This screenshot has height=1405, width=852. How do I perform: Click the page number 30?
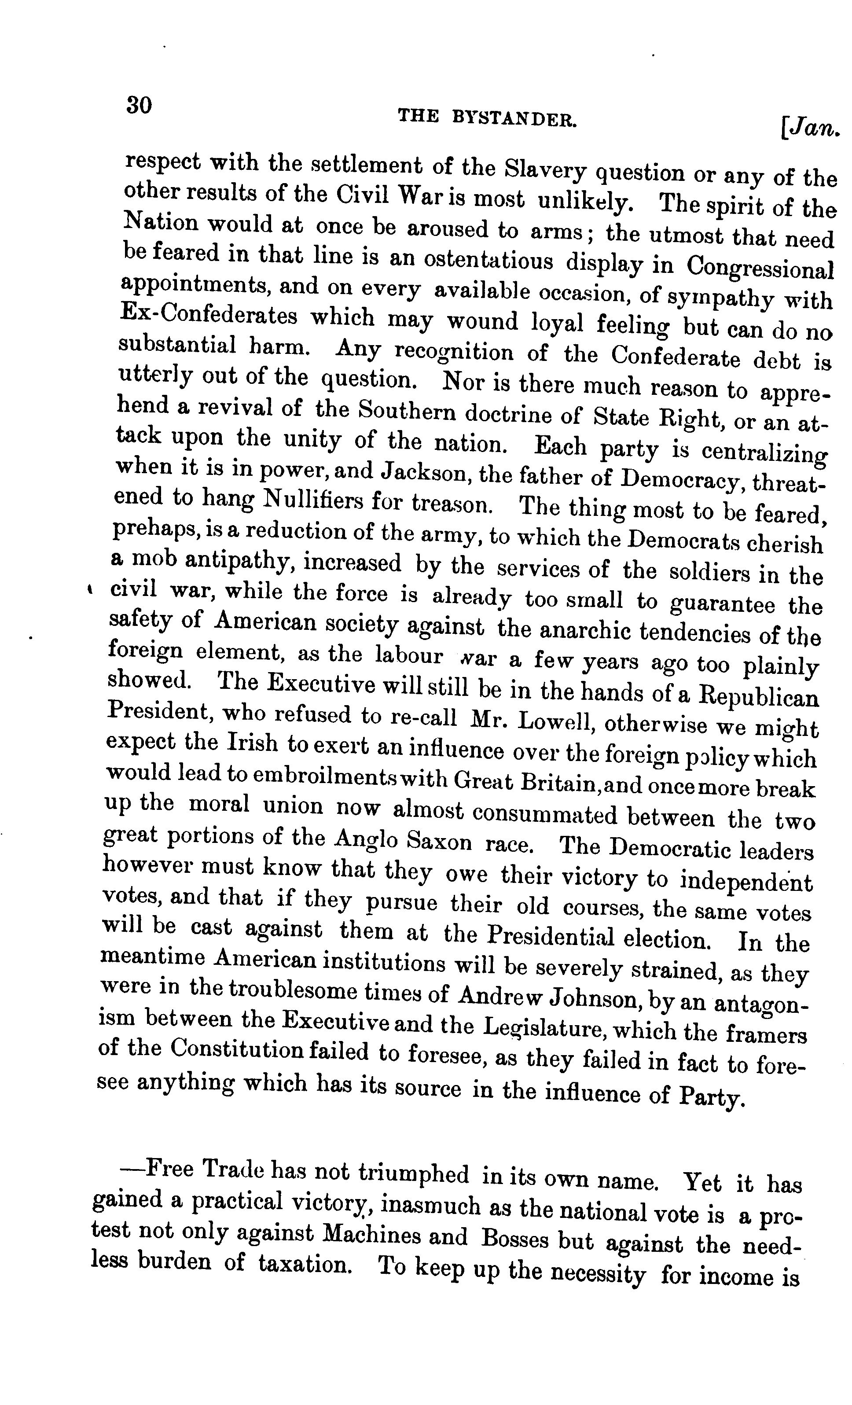click(x=139, y=106)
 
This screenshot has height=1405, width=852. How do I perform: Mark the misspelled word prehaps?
click(x=153, y=530)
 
